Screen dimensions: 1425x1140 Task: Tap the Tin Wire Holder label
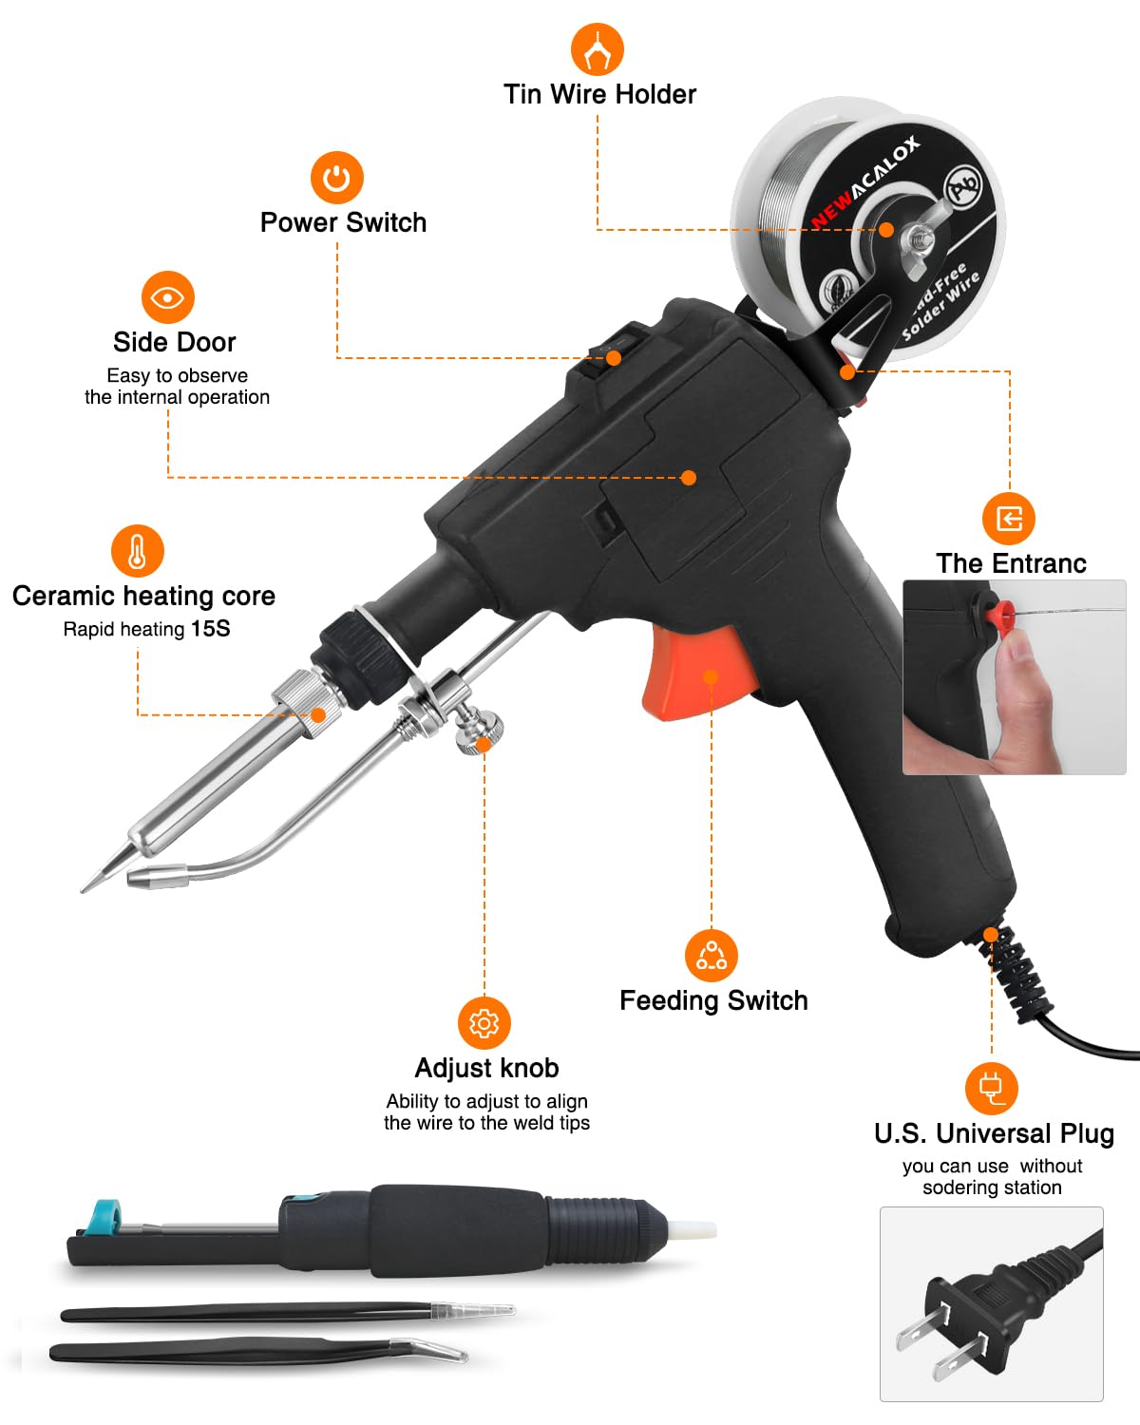599,94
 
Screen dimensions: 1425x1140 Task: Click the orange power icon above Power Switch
336,178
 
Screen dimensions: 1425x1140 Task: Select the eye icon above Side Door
167,297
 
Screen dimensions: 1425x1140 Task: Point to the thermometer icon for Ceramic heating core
138,551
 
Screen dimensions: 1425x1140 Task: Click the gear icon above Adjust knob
484,1023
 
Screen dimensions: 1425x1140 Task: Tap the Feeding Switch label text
713,1000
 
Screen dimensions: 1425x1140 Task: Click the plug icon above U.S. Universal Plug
991,1088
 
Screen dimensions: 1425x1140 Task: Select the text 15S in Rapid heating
210,629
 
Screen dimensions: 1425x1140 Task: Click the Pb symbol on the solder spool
963,184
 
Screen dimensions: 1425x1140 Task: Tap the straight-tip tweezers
285,1314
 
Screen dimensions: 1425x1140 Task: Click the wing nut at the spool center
917,237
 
